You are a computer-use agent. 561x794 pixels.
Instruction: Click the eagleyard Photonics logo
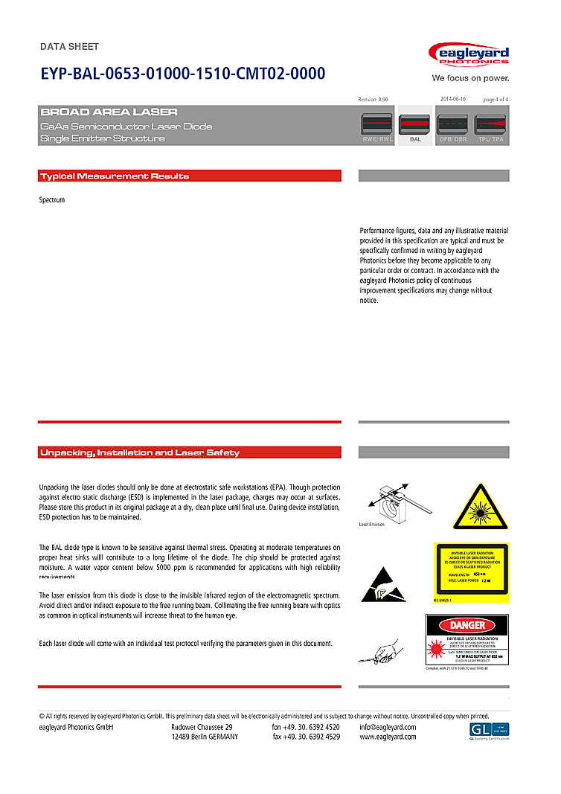[x=469, y=56]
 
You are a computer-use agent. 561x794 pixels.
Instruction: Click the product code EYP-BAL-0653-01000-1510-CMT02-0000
[x=182, y=74]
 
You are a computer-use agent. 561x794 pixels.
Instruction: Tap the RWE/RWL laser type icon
[x=377, y=125]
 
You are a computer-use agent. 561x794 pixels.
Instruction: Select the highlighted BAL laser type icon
[x=415, y=125]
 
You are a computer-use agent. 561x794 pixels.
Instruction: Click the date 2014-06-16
[x=452, y=99]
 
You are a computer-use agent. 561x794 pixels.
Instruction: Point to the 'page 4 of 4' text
[x=496, y=99]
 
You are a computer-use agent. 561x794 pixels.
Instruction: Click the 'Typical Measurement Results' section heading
[x=115, y=176]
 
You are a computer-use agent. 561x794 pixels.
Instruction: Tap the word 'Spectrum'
[x=52, y=200]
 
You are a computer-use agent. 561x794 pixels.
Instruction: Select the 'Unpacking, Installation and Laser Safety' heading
[x=140, y=452]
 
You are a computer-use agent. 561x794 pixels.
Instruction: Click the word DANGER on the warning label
[x=467, y=625]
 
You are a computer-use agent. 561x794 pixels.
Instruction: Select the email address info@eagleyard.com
[x=388, y=727]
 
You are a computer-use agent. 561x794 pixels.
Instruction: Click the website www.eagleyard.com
[x=388, y=737]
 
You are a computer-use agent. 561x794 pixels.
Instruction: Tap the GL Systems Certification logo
[x=489, y=731]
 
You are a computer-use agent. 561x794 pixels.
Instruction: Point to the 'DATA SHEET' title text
[x=69, y=47]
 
